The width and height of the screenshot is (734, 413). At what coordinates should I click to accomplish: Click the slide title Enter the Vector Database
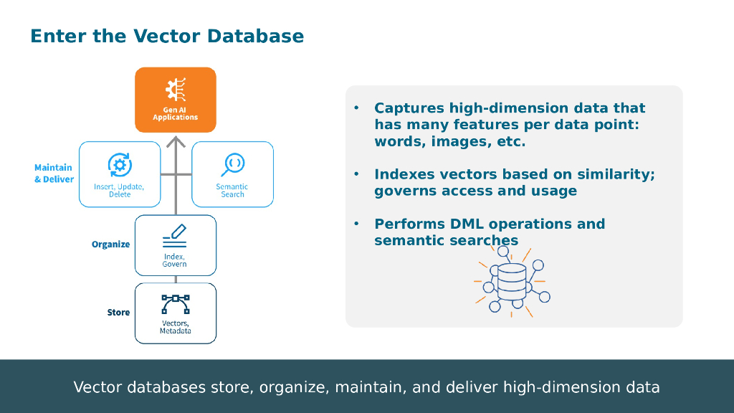167,36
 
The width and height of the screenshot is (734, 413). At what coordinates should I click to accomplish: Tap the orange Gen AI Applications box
176,100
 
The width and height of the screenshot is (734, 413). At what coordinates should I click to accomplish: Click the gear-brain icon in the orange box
176,90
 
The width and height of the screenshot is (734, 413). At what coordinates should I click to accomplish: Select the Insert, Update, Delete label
119,190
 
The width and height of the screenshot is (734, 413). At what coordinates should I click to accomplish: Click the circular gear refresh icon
119,165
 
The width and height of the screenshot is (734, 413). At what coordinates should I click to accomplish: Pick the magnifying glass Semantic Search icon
233,165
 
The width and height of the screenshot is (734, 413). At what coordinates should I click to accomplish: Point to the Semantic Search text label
232,190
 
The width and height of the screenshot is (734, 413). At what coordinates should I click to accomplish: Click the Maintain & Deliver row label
54,173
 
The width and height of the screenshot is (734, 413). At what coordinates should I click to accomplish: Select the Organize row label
110,245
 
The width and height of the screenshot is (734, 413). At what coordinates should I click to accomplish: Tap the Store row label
118,313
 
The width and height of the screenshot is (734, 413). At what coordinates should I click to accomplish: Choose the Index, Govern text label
175,260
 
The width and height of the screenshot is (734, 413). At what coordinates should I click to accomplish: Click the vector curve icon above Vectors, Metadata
175,304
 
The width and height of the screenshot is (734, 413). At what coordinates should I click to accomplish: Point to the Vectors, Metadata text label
175,327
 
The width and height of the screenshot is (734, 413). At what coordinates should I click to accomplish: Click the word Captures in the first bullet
409,108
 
